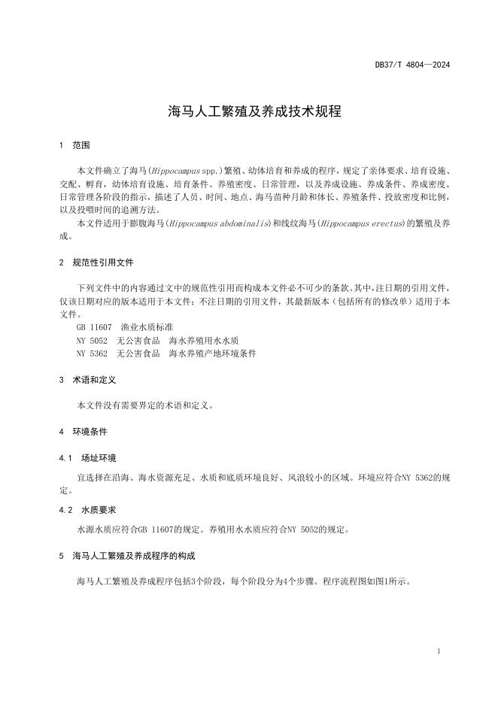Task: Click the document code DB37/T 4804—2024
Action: (x=412, y=65)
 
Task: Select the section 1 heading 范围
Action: (x=81, y=145)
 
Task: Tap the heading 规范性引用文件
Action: (x=103, y=263)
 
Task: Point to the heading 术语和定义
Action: (x=94, y=381)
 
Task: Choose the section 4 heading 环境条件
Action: (x=90, y=432)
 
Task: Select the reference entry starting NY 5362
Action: (x=166, y=354)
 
